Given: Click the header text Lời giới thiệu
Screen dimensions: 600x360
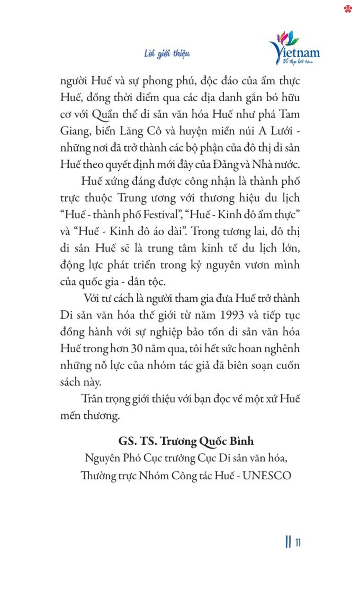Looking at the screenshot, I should coord(167,54).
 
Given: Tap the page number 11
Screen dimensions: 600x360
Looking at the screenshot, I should coord(298,542).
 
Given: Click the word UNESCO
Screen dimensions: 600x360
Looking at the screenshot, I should coord(267,476).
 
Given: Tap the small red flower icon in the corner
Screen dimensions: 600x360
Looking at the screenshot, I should coord(348,8).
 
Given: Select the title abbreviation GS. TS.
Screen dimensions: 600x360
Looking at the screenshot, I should coord(138,441).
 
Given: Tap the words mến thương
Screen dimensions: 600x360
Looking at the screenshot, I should coord(90,416).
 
